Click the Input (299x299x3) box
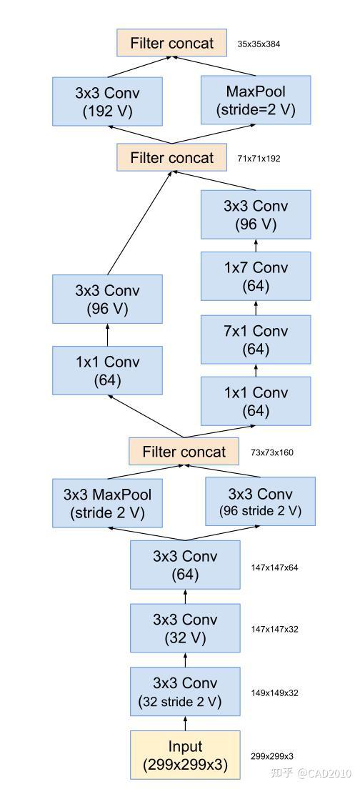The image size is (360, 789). [185, 755]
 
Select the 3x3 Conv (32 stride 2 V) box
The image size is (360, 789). [185, 693]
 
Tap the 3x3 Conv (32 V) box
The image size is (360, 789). [185, 629]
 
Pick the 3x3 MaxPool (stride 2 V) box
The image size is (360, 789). [108, 503]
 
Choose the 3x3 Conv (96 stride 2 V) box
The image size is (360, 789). [260, 502]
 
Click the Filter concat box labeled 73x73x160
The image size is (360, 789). [184, 452]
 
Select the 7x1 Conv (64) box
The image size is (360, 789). [256, 340]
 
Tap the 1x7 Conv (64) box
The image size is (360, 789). [256, 277]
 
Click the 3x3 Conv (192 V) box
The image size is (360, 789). [107, 101]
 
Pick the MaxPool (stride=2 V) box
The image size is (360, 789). [256, 101]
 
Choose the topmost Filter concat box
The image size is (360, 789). [171, 43]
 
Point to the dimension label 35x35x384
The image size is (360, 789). [259, 44]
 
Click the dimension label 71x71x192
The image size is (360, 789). [259, 159]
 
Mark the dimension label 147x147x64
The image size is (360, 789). [274, 567]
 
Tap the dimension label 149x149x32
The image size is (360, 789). [274, 693]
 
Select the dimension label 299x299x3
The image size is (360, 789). [271, 755]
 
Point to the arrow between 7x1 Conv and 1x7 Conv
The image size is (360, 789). [256, 308]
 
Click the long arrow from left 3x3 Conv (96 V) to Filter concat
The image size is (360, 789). [140, 222]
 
